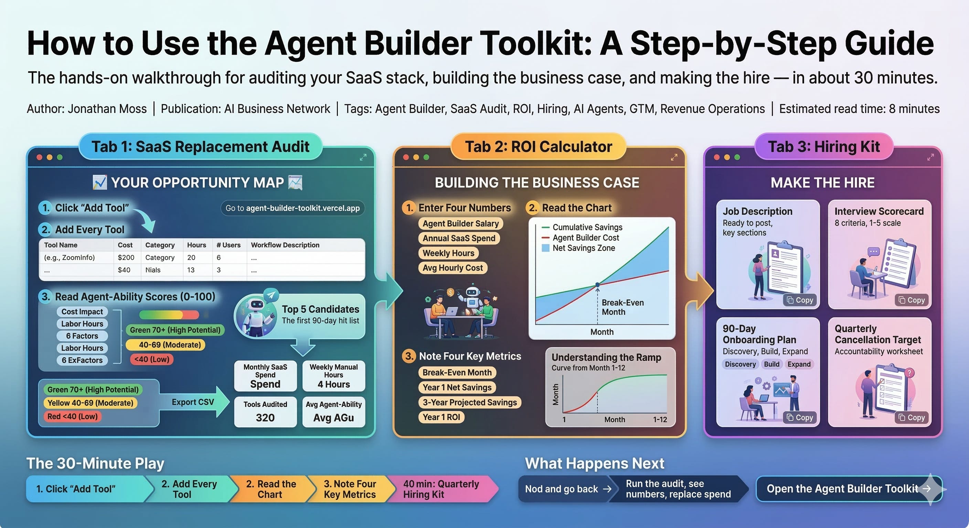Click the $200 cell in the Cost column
click(x=126, y=257)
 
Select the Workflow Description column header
click(x=285, y=245)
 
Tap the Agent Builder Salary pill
click(x=460, y=223)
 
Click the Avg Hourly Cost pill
click(x=452, y=268)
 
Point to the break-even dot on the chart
click(x=597, y=285)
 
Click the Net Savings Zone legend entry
click(x=583, y=248)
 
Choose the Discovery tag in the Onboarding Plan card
click(x=740, y=364)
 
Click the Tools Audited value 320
click(x=265, y=418)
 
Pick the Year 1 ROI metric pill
click(x=441, y=417)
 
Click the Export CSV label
click(x=193, y=402)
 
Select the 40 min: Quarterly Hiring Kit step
click(x=440, y=489)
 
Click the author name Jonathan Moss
click(x=107, y=109)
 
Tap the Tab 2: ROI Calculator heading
click(x=538, y=146)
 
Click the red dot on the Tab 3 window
click(x=716, y=157)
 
